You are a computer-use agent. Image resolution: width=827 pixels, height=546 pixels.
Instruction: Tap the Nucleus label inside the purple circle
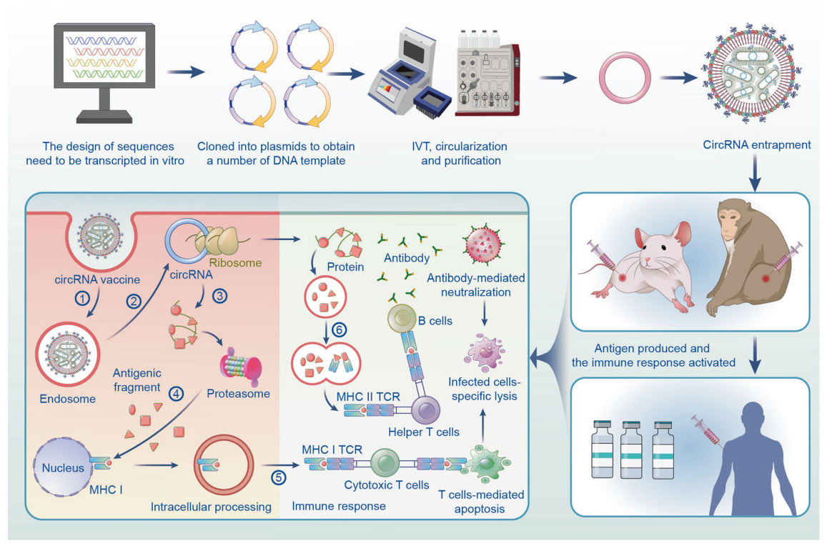click(x=63, y=468)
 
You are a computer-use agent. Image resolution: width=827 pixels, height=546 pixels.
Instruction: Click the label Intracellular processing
click(x=211, y=507)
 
